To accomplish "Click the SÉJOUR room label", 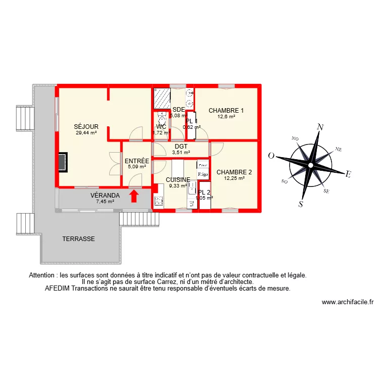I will point(86,127).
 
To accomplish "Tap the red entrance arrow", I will point(134,195).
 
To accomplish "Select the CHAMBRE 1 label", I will point(226,111).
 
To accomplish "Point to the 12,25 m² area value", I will point(234,178).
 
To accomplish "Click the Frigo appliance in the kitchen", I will point(203,174).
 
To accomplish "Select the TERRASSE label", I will point(78,239).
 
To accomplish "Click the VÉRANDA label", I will point(105,195).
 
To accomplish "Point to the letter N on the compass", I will point(319,128).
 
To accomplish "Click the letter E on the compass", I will point(348,174).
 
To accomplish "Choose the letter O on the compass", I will point(271,156).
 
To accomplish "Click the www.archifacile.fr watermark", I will point(347,302).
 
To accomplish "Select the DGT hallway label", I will point(181,146).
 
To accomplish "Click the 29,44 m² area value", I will point(86,133).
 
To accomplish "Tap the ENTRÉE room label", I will point(136,161).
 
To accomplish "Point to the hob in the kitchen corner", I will point(158,201).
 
